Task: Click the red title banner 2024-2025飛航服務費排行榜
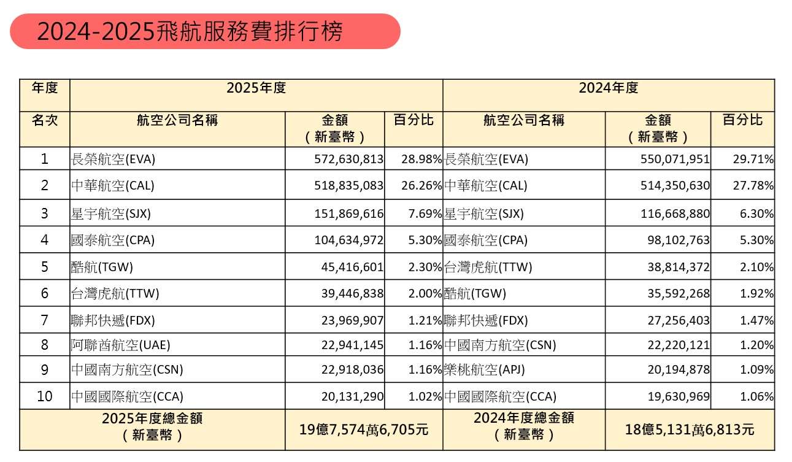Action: coord(205,31)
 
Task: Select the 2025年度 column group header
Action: coord(256,88)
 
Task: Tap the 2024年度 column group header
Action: coord(609,88)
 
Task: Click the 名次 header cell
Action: coord(45,120)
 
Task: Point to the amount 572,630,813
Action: coord(348,159)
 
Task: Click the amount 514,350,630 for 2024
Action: coord(675,185)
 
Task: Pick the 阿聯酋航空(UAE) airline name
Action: coord(120,345)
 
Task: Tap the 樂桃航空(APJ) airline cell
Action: coord(485,370)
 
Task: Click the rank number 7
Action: coord(45,320)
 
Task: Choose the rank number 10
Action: coord(45,396)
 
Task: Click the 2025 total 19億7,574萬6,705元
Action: coord(364,430)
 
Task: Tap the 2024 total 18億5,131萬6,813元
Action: coord(690,430)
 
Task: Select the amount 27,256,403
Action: coord(679,320)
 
